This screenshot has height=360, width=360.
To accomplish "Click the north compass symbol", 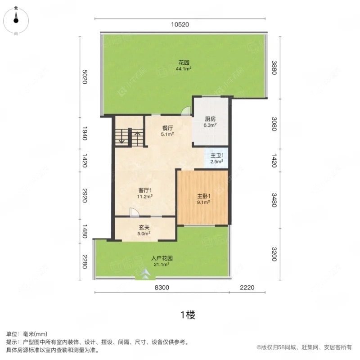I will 16,19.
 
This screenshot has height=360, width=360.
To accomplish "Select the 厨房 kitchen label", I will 211,122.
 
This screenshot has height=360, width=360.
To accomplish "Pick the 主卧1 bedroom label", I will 204,199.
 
